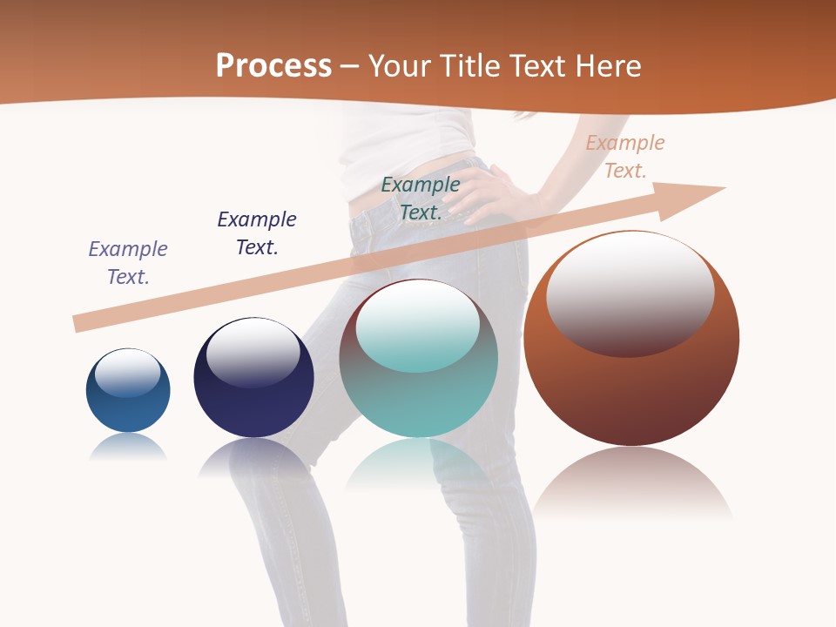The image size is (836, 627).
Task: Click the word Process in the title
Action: [x=273, y=65]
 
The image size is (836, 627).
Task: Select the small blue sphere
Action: [x=128, y=409]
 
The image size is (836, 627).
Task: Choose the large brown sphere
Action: [x=631, y=392]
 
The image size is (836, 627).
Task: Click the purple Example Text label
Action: [x=128, y=263]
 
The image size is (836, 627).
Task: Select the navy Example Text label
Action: [x=257, y=233]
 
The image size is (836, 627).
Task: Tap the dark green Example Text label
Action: [x=421, y=199]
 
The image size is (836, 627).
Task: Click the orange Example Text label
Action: [x=625, y=157]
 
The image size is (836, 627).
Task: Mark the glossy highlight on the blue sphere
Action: [x=128, y=374]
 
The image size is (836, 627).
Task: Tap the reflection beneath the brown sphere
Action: [x=631, y=483]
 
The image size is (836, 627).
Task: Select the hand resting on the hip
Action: [x=483, y=192]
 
